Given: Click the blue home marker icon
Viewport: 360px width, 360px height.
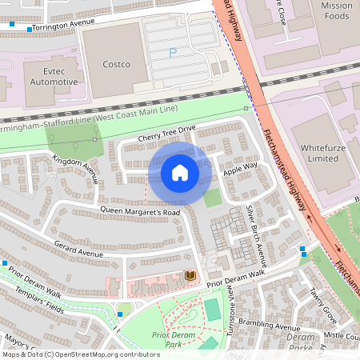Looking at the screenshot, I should [180, 173].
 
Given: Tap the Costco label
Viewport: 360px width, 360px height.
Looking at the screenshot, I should [116, 63].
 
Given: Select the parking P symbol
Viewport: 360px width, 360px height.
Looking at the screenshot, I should [173, 53].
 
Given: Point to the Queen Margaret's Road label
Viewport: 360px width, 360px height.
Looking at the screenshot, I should [140, 212].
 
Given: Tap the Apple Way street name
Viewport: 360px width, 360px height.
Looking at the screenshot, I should [240, 169].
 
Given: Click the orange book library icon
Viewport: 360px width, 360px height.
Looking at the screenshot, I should [190, 276].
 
